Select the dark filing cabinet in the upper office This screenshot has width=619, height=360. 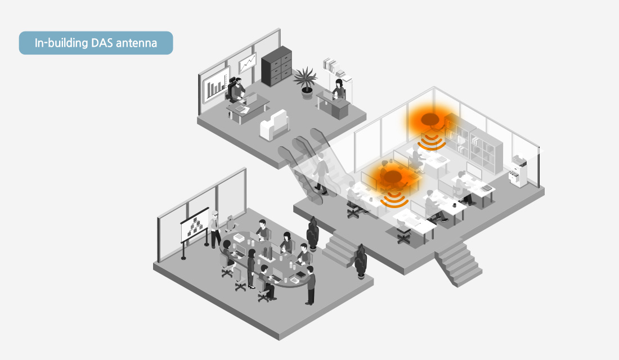[x=276, y=66]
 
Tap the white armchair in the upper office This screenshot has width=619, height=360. [x=275, y=125]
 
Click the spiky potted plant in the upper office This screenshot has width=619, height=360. [x=306, y=82]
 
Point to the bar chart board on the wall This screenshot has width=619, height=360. [x=216, y=85]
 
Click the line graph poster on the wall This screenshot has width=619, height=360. [x=248, y=63]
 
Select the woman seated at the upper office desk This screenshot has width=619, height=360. [x=339, y=90]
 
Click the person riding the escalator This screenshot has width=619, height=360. [x=321, y=174]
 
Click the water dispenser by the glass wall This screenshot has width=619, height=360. [x=519, y=172]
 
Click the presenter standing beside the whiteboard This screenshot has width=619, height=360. [x=215, y=229]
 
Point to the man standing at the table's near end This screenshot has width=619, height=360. [x=311, y=285]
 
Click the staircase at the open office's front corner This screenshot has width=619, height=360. [x=458, y=264]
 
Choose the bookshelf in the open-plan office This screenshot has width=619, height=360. [x=474, y=143]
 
